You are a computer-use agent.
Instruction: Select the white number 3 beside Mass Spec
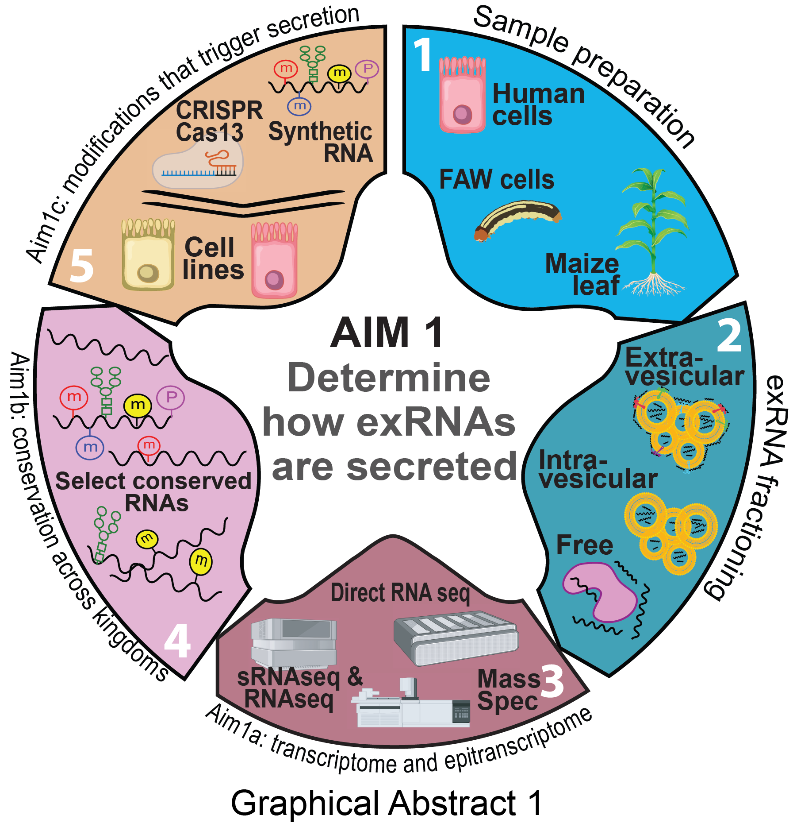[552, 681]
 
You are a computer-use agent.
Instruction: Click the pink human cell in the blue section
[462, 95]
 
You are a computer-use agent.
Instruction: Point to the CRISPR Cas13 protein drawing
[198, 166]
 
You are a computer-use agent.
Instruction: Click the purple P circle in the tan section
[367, 70]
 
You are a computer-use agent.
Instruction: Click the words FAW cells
[496, 180]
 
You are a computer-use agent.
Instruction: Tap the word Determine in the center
[389, 378]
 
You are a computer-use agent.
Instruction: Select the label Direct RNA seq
[400, 593]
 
